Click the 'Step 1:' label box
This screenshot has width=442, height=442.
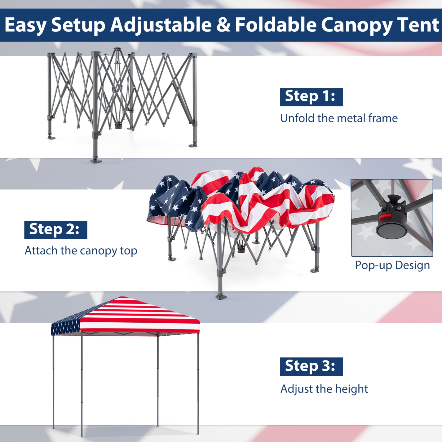(x=311, y=97)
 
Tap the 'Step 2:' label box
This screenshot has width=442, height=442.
(x=55, y=230)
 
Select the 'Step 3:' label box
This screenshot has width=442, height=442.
(x=311, y=366)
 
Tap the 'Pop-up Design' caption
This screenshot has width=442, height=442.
(x=392, y=265)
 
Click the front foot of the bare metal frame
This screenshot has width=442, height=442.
(x=96, y=161)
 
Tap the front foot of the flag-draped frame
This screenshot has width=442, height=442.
(x=221, y=296)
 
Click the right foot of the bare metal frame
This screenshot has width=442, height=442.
(x=193, y=145)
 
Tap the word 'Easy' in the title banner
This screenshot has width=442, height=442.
(x=25, y=25)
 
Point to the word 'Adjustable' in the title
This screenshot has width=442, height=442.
(x=161, y=25)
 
